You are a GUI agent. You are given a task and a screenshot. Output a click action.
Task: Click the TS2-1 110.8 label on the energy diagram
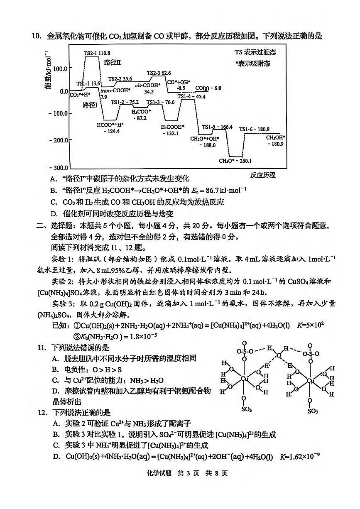click(97, 53)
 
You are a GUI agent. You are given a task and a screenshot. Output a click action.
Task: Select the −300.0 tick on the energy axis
click(57, 167)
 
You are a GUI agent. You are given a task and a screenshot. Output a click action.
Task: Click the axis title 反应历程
click(263, 175)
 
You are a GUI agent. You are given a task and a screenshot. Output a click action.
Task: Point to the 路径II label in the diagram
click(112, 62)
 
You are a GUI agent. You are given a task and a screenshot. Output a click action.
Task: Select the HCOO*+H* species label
click(110, 125)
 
